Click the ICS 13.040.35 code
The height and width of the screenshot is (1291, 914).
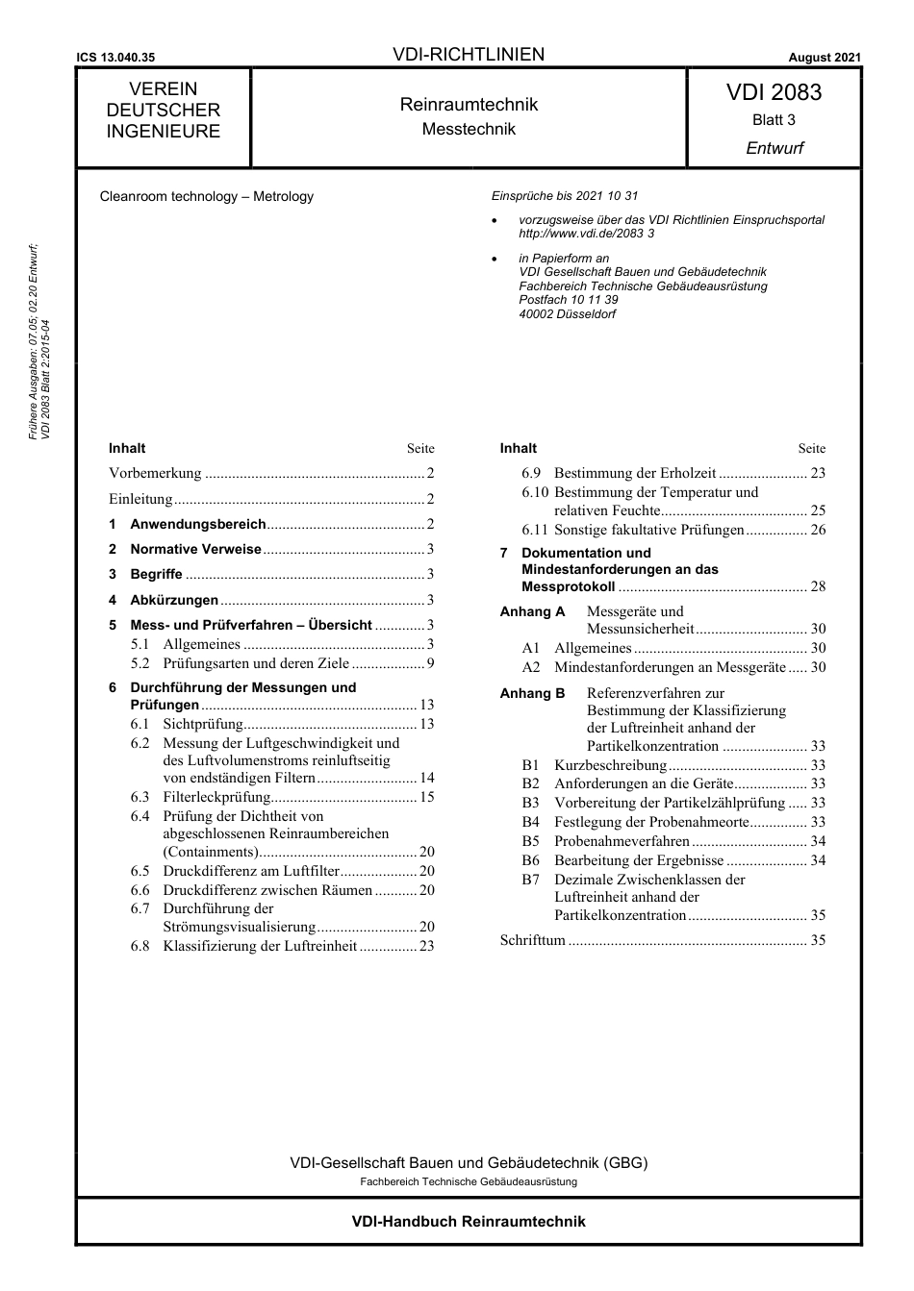tap(115, 58)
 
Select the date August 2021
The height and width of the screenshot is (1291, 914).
tap(825, 58)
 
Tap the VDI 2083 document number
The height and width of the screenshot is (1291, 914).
tap(774, 92)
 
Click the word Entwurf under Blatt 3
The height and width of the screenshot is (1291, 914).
tap(774, 148)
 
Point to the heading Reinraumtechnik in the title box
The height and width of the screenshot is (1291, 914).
tap(469, 105)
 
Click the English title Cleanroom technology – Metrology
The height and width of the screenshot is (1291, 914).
tap(207, 196)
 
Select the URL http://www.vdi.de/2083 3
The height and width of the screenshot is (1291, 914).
tap(586, 234)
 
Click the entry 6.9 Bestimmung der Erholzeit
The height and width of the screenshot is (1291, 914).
tap(635, 473)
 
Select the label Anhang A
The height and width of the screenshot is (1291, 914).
tap(532, 611)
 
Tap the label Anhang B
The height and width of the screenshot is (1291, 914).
tap(532, 693)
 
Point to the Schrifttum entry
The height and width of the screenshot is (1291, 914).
tap(532, 940)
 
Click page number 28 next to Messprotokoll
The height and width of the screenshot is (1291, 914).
tap(818, 586)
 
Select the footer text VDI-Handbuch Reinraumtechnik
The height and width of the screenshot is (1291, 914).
tap(469, 1222)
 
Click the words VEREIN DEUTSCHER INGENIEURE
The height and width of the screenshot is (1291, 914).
tap(164, 111)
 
